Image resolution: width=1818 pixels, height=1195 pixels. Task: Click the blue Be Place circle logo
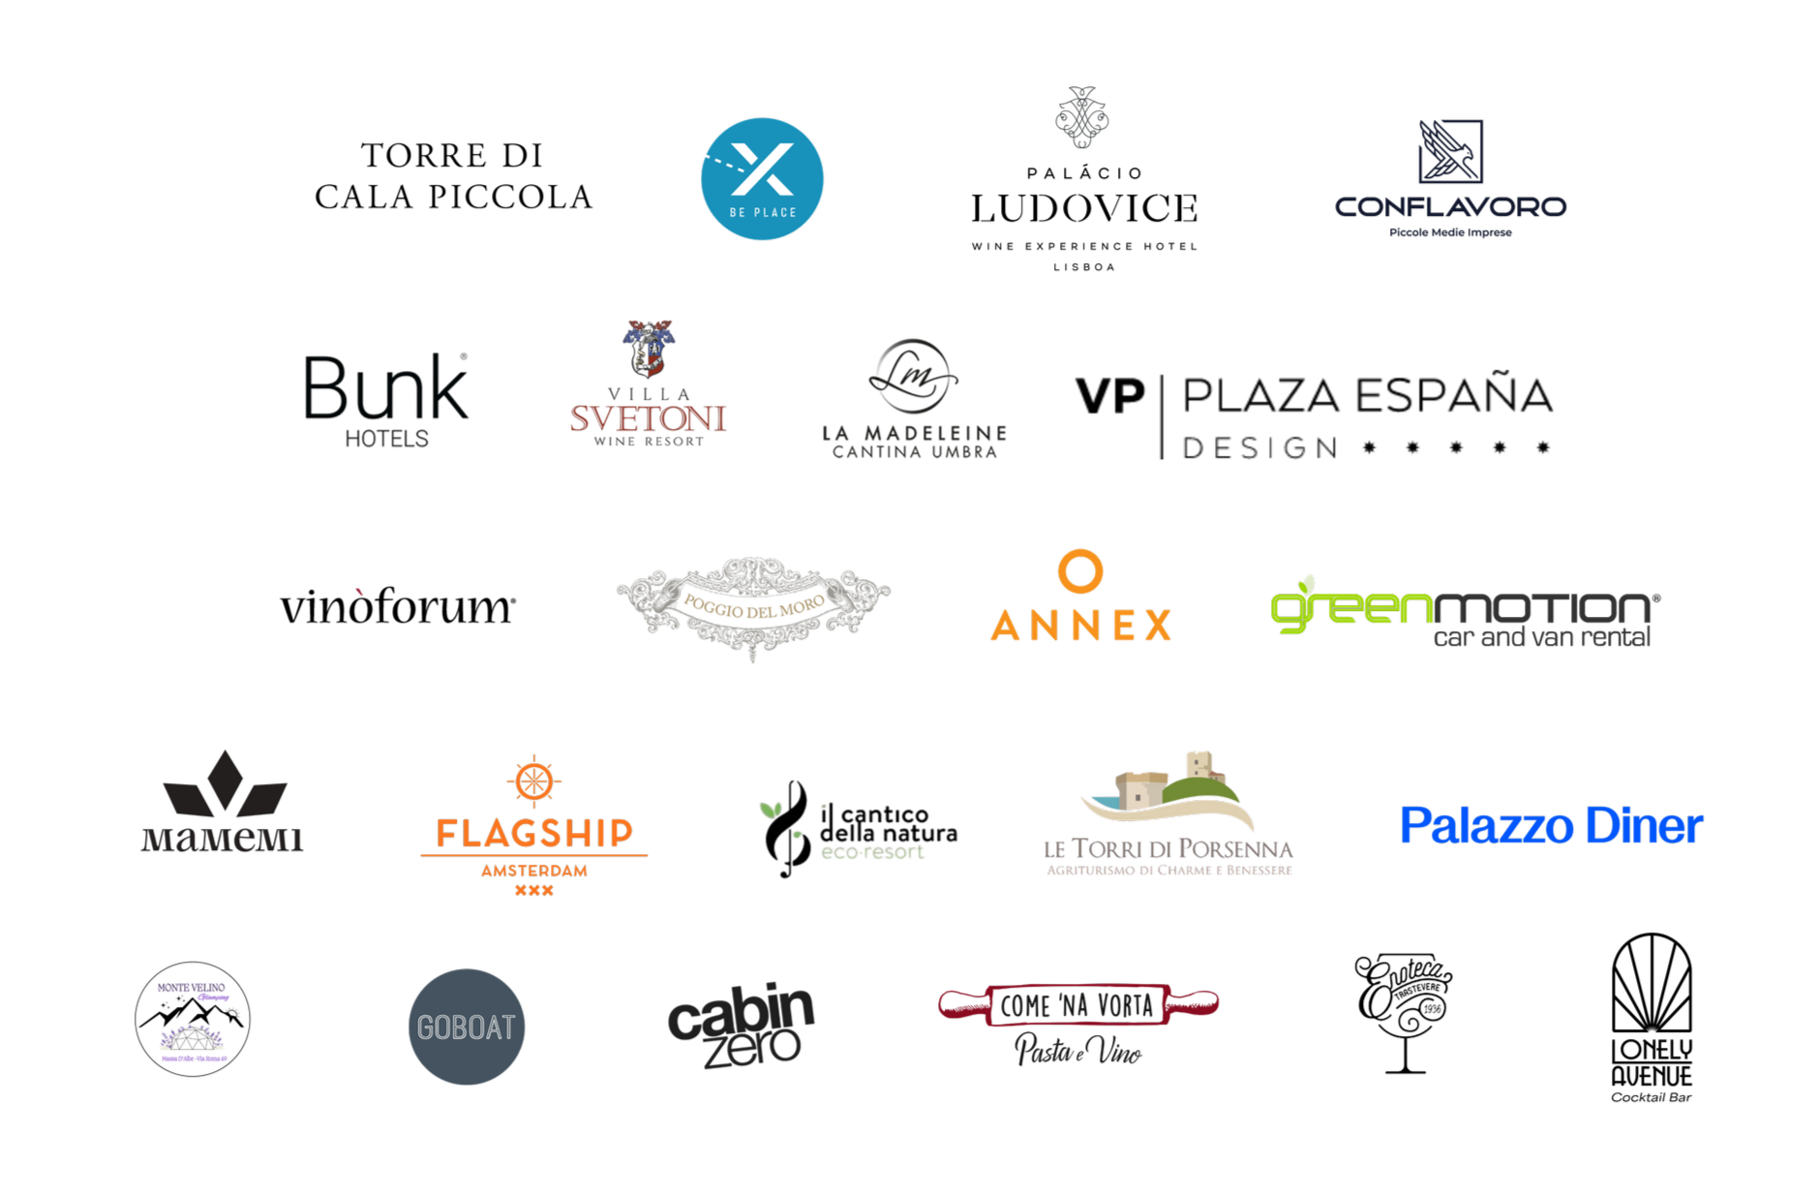coord(762,179)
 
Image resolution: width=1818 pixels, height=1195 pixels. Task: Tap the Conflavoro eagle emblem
coord(1450,151)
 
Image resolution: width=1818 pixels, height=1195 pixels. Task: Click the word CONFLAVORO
coord(1450,206)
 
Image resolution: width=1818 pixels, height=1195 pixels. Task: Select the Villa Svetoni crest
coord(649,349)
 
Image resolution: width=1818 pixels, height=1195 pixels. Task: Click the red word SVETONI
coord(649,418)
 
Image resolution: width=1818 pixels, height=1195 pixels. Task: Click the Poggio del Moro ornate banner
coord(753,606)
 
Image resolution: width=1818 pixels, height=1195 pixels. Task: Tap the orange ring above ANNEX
coord(1080,571)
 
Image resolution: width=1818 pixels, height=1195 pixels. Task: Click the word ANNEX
coord(1080,626)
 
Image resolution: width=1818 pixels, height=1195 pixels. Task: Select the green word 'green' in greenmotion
coord(1350,608)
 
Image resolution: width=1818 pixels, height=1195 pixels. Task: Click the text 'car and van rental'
coord(1541,637)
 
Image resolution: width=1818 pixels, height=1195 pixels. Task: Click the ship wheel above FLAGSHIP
coord(533,781)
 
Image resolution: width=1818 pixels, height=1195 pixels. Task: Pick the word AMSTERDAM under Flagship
coord(534,871)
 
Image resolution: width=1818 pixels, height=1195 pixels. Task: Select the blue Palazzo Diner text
coord(1551,826)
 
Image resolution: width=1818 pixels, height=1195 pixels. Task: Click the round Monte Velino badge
coord(193,1019)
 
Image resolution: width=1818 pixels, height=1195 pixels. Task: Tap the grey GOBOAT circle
coord(467,1026)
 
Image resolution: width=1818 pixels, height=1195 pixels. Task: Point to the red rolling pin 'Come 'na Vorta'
coord(1077,1005)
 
